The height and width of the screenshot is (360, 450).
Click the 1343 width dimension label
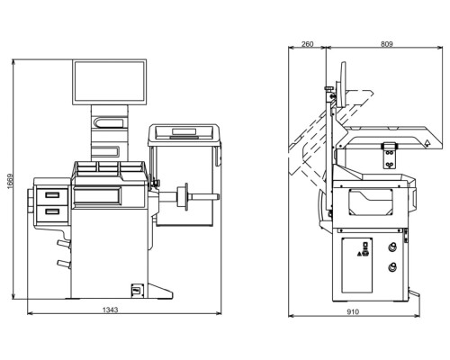pyautogui.click(x=111, y=310)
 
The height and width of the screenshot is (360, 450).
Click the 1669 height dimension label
pyautogui.click(x=10, y=181)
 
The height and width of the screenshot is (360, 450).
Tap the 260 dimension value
pyautogui.click(x=307, y=44)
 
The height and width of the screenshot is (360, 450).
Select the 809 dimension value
pyautogui.click(x=387, y=44)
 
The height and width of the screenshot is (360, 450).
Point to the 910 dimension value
pyautogui.click(x=353, y=312)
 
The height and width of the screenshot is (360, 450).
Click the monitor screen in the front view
pyautogui.click(x=109, y=82)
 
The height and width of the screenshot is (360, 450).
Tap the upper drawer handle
pyautogui.click(x=52, y=195)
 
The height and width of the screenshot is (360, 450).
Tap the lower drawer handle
pyautogui.click(x=52, y=211)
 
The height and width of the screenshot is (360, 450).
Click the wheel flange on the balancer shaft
pyautogui.click(x=183, y=196)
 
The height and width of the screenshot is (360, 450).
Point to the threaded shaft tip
pyautogui.click(x=217, y=197)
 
